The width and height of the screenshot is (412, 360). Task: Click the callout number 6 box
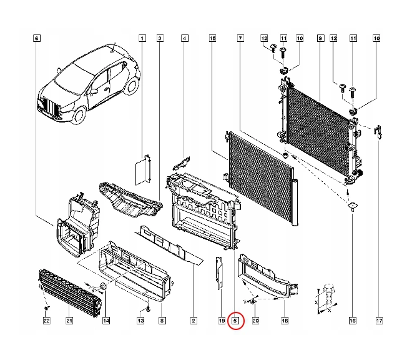[36, 39]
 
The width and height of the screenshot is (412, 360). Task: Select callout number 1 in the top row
[142, 39]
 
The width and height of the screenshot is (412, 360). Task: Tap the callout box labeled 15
[213, 39]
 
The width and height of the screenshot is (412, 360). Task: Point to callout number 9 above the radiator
[320, 39]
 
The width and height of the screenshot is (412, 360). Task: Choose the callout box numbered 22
[46, 321]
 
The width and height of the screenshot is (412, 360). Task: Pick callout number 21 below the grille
[70, 321]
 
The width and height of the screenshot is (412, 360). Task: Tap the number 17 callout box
[379, 321]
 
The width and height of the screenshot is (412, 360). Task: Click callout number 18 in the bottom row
[285, 321]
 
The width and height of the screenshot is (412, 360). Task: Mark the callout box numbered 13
[141, 321]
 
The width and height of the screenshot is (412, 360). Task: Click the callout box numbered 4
[184, 39]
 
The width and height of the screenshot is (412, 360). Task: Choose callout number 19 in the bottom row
[222, 321]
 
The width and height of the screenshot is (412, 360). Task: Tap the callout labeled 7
[240, 39]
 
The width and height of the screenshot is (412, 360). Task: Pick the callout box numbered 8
[162, 321]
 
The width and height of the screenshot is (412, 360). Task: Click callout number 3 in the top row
[160, 39]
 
